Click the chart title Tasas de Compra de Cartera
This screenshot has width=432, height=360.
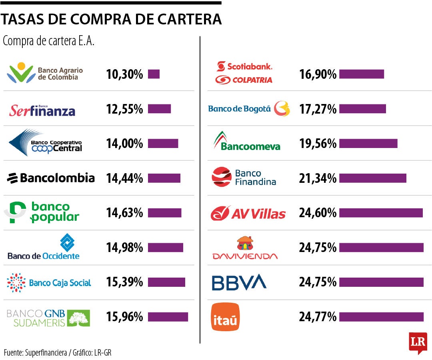[111, 19]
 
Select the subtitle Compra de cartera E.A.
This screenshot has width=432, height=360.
[48, 41]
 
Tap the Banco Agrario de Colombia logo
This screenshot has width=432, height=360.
[45, 73]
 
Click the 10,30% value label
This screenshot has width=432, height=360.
[124, 74]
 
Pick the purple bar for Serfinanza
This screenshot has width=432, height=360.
[159, 109]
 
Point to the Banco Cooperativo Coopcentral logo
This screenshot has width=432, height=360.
[45, 143]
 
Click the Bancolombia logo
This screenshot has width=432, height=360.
[51, 178]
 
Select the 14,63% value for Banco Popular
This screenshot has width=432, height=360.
[124, 213]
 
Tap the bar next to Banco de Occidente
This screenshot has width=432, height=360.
[165, 248]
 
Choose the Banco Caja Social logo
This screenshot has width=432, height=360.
[49, 283]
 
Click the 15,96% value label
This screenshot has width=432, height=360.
[124, 317]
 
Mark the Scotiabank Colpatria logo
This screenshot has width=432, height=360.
[244, 73]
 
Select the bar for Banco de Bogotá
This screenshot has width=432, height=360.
[362, 109]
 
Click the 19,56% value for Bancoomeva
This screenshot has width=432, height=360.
[318, 144]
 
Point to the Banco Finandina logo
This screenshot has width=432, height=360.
[244, 177]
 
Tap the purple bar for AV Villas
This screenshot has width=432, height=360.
[381, 213]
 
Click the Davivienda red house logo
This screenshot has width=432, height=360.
[245, 244]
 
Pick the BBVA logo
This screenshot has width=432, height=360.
[239, 282]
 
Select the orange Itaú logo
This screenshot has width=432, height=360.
[225, 317]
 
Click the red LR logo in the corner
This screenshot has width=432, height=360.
[418, 342]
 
